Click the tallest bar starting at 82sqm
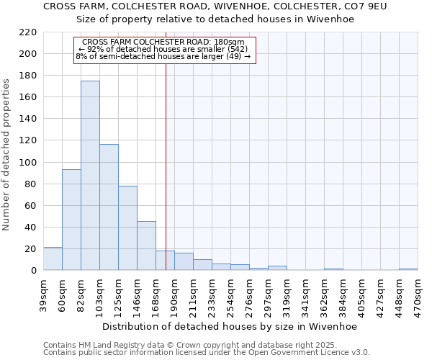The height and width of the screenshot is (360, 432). click(x=90, y=176)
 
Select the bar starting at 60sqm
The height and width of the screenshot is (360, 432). click(x=71, y=220)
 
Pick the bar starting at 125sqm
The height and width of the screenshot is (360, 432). click(x=127, y=228)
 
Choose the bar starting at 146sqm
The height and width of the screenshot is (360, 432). click(x=146, y=246)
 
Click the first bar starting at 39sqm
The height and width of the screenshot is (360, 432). click(x=53, y=258)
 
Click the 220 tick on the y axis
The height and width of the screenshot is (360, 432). click(x=28, y=32)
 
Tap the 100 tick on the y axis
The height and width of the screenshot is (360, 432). click(x=28, y=162)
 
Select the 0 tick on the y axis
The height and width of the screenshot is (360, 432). click(x=33, y=271)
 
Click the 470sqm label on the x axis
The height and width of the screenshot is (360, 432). click(x=418, y=295)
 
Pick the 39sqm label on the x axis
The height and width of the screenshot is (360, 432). click(x=44, y=295)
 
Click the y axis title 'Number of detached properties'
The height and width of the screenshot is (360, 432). click(x=7, y=156)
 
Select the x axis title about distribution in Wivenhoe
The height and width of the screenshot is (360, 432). click(x=229, y=326)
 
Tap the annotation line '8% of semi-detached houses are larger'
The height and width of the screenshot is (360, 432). click(x=163, y=56)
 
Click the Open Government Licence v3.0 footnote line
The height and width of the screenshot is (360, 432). click(x=207, y=353)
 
